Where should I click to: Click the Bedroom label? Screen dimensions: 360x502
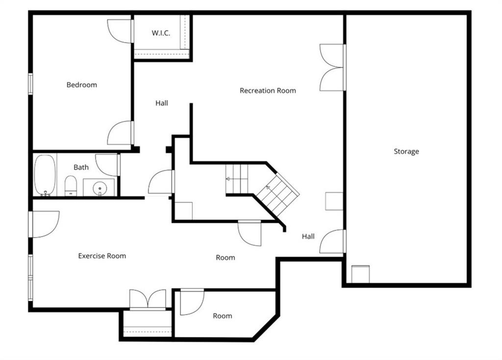[82, 85]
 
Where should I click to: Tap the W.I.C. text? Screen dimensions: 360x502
[160, 33]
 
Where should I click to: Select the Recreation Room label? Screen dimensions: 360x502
[268, 91]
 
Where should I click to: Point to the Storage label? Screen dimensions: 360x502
[406, 151]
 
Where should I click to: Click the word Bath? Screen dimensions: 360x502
[81, 167]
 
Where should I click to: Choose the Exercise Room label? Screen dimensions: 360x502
[102, 256]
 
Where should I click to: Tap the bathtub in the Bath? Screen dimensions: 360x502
[45, 175]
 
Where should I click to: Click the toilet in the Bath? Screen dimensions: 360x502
[71, 186]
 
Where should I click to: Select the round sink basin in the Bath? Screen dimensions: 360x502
[100, 188]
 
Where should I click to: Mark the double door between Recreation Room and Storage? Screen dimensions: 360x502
[332, 68]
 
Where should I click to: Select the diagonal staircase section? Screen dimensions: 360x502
[277, 193]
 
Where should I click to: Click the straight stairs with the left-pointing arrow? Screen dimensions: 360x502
[237, 179]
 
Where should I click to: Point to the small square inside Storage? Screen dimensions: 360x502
[360, 274]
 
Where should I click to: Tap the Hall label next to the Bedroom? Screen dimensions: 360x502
[162, 103]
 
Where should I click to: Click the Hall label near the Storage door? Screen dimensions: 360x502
[308, 236]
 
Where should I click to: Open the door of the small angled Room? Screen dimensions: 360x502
[192, 302]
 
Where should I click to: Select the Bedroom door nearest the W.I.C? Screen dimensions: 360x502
[120, 31]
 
